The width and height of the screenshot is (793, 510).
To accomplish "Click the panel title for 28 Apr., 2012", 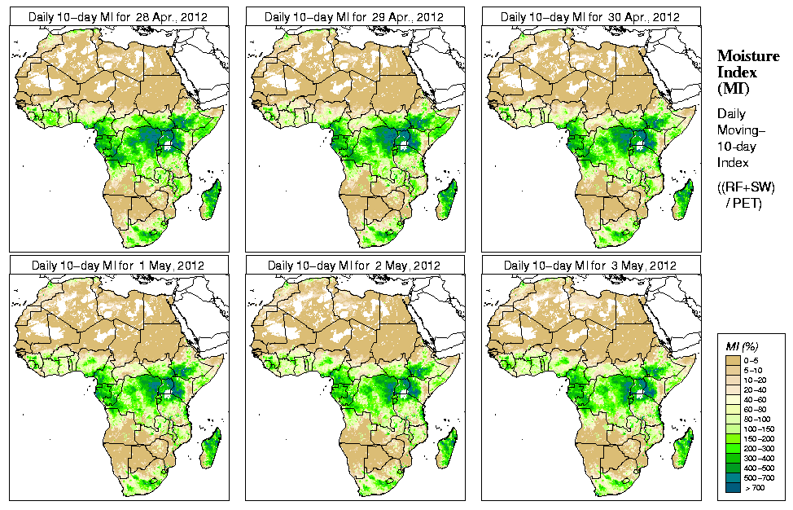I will coord(119,17).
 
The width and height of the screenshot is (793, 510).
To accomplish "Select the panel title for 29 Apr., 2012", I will coord(355,17).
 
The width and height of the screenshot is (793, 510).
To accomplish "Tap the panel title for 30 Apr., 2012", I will coord(591,17).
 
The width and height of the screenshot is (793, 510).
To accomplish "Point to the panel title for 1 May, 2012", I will coord(119,266).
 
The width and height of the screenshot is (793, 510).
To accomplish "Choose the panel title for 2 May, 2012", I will coord(355,266).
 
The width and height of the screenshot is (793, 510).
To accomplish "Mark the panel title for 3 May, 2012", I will coord(591,266).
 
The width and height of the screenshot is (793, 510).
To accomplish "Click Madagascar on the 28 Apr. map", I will coord(212,200).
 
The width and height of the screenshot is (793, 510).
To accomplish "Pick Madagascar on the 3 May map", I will coord(684,449).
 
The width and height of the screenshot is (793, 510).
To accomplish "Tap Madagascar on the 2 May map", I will coord(448,449).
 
